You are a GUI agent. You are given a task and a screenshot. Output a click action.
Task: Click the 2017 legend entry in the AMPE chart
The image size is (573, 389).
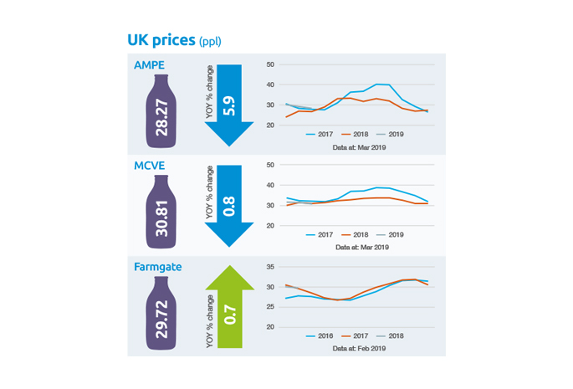(x=320, y=134)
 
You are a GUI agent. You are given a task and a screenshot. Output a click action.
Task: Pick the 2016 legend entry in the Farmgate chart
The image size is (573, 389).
(x=320, y=336)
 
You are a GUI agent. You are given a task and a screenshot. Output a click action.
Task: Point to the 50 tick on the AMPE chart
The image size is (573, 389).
(x=270, y=64)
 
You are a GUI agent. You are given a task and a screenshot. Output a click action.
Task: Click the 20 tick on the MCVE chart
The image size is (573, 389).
(x=270, y=226)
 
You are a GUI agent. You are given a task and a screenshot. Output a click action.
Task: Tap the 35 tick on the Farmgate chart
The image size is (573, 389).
(x=270, y=267)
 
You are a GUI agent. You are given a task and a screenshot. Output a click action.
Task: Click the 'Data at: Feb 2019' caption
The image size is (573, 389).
(x=361, y=348)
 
